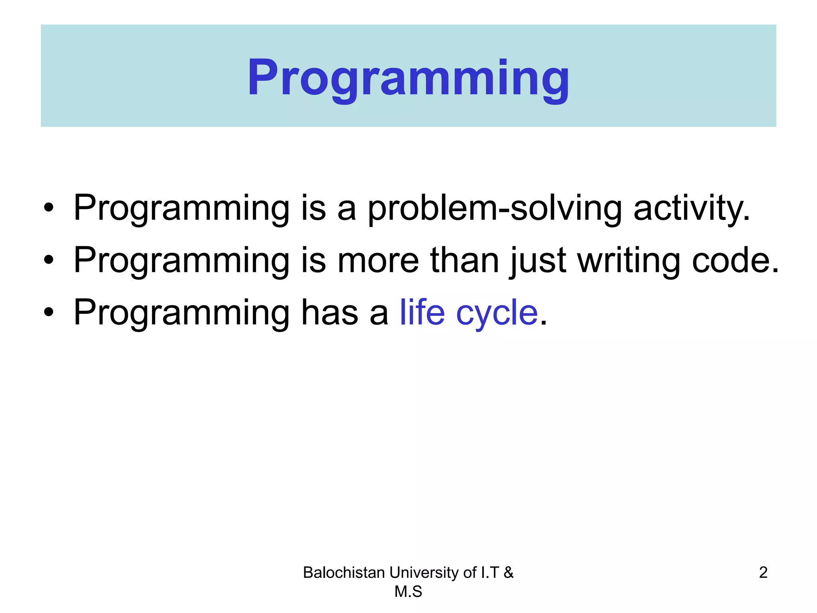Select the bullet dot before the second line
(49, 260)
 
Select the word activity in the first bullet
(691, 208)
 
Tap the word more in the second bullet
(378, 261)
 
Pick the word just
(538, 261)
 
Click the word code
(734, 261)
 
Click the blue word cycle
(497, 313)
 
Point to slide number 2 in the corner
(763, 573)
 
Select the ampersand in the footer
(508, 573)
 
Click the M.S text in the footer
(408, 592)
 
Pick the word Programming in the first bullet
(182, 208)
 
